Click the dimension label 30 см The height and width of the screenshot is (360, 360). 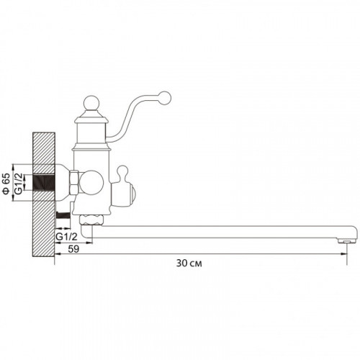(x=189, y=264)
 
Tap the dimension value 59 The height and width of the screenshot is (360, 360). (x=73, y=249)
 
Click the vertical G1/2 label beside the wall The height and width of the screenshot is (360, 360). (x=19, y=183)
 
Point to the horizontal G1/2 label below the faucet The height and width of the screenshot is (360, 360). (x=66, y=237)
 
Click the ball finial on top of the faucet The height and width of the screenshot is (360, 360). (x=91, y=104)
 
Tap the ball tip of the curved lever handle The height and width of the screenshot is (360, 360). (x=165, y=98)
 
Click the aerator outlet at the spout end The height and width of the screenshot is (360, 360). (x=346, y=241)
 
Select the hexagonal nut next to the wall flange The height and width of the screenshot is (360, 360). (x=73, y=183)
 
